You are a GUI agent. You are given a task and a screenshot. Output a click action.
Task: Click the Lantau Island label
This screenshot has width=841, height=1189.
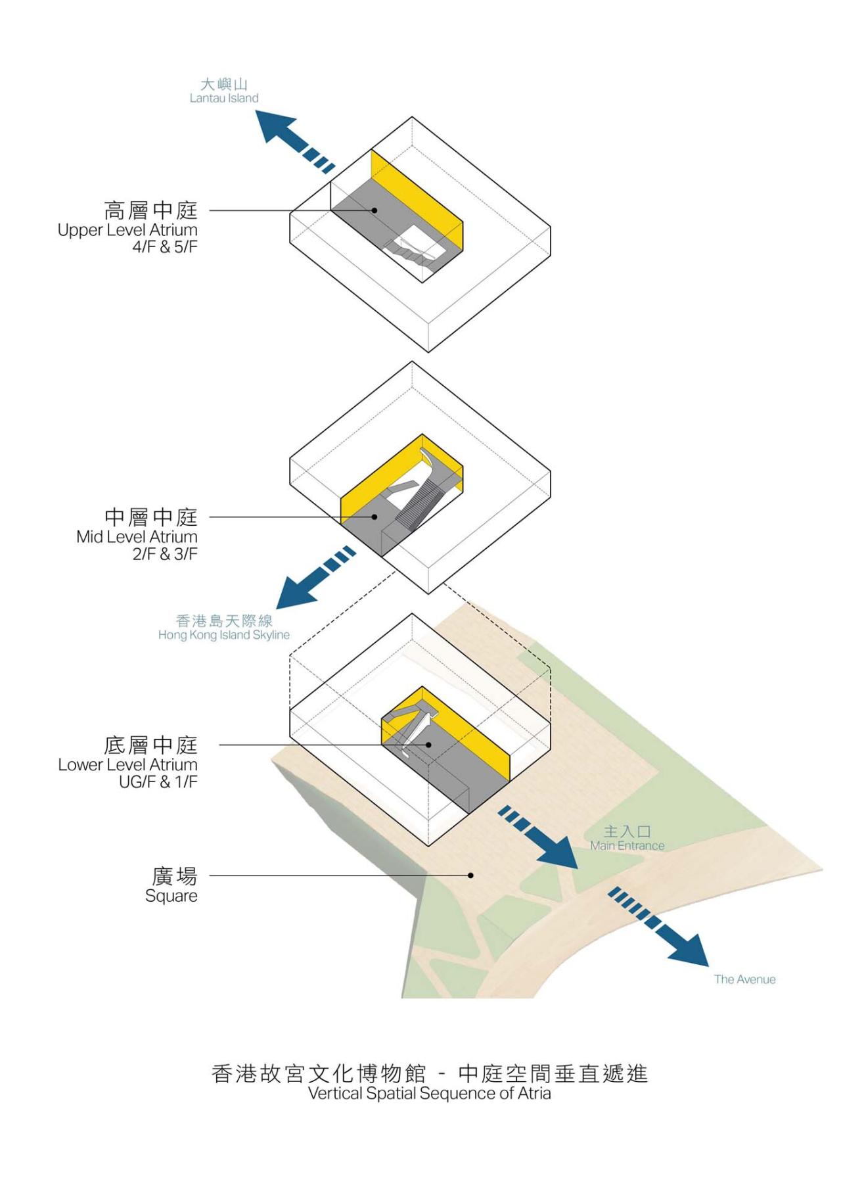(x=224, y=98)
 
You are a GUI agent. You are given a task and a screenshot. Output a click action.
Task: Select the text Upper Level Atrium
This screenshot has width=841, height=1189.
(x=127, y=230)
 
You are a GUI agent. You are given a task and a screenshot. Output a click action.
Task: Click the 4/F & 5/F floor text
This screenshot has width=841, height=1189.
(x=164, y=247)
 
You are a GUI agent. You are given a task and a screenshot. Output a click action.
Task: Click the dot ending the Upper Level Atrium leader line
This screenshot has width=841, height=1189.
(x=375, y=210)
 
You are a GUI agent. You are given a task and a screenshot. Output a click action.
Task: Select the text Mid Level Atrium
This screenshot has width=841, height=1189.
(x=137, y=537)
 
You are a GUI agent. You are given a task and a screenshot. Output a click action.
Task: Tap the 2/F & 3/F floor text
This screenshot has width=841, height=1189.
(x=164, y=554)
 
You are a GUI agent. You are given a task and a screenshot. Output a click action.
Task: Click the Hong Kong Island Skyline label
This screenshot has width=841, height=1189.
(x=223, y=635)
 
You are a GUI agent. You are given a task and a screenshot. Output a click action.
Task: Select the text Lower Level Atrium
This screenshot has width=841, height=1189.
(x=127, y=765)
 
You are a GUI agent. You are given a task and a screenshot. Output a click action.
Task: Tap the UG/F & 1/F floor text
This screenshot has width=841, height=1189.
(x=158, y=782)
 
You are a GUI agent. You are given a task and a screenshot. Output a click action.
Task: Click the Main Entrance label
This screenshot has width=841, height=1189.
(x=627, y=846)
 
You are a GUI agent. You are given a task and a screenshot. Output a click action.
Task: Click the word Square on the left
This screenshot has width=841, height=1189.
(x=171, y=897)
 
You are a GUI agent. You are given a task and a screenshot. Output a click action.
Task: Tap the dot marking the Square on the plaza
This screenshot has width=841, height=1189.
(x=470, y=875)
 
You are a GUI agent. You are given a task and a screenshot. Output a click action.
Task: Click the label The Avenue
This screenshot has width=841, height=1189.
(x=744, y=979)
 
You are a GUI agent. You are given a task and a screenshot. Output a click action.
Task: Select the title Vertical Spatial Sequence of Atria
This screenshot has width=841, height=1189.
(x=429, y=1093)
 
